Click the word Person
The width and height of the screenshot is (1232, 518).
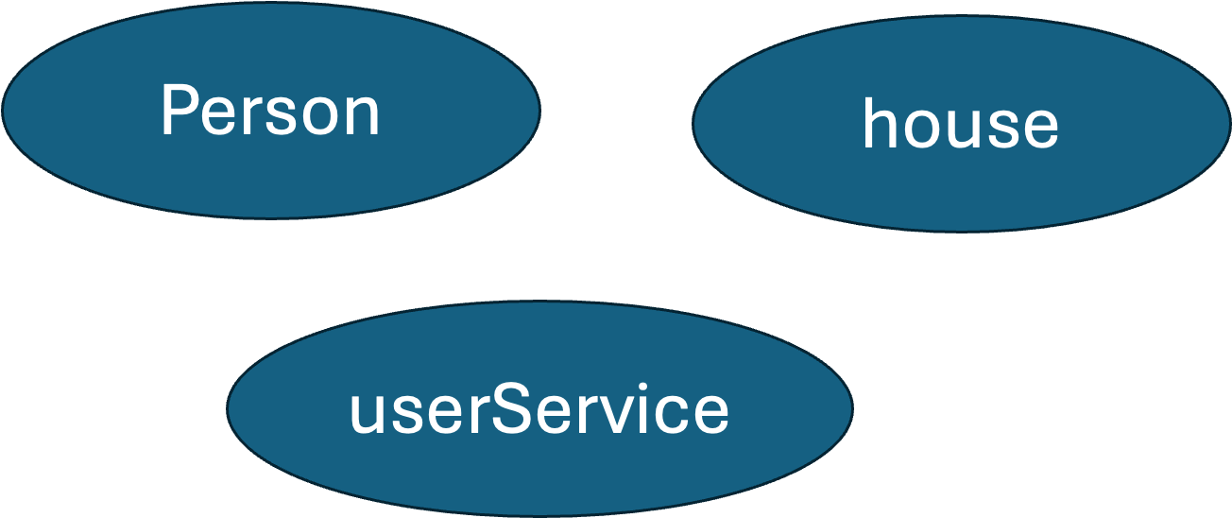click(x=270, y=112)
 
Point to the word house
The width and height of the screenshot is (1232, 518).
click(x=960, y=125)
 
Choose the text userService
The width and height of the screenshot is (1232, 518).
click(x=539, y=410)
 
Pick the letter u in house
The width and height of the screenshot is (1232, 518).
click(x=963, y=129)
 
